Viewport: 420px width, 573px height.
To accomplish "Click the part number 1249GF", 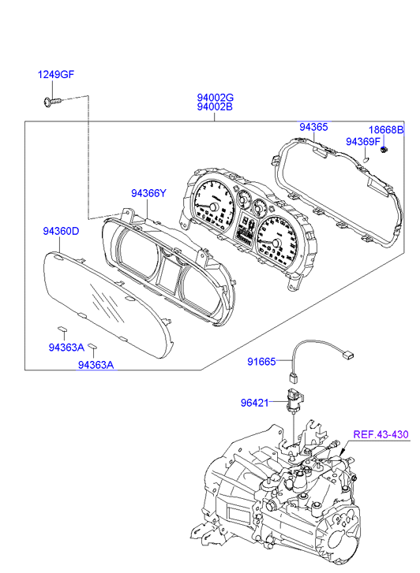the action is (x=56, y=75).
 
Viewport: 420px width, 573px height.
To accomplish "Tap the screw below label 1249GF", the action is (x=51, y=102).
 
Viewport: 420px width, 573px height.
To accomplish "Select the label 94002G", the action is (x=215, y=98).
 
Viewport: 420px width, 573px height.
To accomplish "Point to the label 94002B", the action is (x=215, y=106).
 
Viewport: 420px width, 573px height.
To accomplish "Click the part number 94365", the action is (x=313, y=127).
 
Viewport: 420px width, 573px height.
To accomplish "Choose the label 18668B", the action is (x=386, y=130).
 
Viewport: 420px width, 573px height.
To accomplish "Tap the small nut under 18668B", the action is (x=384, y=149).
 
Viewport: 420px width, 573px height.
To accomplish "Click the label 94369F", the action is (x=363, y=141).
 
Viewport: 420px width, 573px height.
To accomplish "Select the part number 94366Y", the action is (x=148, y=193).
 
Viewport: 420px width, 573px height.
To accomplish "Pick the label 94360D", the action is (x=61, y=231).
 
